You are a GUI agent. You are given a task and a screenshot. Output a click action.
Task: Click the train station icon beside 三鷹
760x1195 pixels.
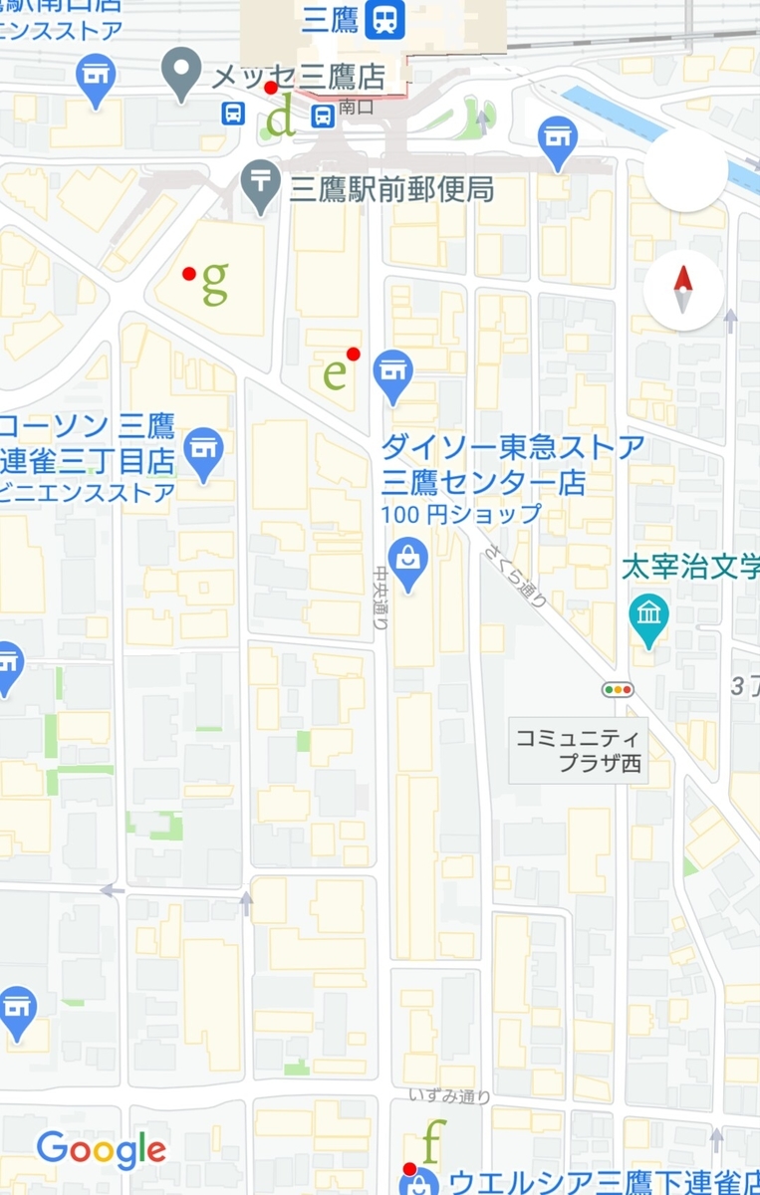click(383, 20)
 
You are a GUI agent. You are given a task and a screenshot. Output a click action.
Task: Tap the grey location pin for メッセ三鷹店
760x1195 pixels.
click(181, 73)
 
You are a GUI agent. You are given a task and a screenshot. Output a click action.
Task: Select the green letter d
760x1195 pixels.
click(284, 119)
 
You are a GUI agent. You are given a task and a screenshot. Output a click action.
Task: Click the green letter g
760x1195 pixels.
click(215, 283)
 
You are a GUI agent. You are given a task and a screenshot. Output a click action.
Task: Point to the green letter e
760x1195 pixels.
click(336, 373)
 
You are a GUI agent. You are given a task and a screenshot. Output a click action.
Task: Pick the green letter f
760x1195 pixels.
click(431, 1142)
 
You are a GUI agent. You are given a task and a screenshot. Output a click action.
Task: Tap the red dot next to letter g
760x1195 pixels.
click(189, 274)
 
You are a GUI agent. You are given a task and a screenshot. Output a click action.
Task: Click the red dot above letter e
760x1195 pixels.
click(353, 354)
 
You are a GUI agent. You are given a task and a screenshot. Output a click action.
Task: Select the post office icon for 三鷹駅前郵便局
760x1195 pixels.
click(261, 185)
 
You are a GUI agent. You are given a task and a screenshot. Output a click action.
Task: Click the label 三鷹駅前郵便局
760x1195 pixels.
click(391, 189)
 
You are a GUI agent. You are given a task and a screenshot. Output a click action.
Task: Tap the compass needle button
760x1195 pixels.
click(683, 291)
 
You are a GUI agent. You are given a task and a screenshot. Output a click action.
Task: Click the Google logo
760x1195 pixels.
click(101, 1150)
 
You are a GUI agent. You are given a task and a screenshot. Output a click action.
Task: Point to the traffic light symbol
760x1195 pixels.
click(618, 689)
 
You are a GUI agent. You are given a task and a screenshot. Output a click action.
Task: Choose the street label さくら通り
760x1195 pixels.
click(516, 575)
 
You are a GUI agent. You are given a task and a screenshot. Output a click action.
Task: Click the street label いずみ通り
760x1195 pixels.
click(449, 1096)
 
